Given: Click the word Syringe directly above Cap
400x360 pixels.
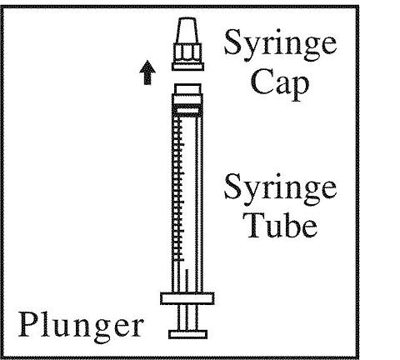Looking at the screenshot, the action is (x=281, y=45).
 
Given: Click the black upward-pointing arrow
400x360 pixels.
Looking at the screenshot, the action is (x=147, y=72).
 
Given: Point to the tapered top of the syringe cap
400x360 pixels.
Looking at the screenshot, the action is (x=187, y=30).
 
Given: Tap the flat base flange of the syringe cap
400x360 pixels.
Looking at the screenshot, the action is (x=187, y=67).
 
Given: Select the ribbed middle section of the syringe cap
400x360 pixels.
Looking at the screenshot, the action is (x=187, y=52).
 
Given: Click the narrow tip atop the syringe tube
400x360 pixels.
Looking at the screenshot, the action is (x=187, y=89).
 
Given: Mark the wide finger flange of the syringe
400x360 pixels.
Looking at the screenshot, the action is (x=187, y=298).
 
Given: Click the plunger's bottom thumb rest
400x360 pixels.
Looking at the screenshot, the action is (x=187, y=334).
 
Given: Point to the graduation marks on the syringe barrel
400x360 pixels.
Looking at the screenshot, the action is (x=177, y=189).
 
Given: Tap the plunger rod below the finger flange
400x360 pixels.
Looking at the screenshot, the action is (x=187, y=317).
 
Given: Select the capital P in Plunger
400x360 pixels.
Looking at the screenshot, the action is (x=28, y=324).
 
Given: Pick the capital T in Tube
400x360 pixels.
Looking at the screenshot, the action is (x=256, y=224).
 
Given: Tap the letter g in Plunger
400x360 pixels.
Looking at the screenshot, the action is (x=102, y=331).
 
